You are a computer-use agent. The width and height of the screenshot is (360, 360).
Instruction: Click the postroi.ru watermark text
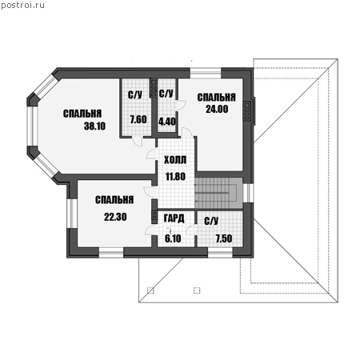23,6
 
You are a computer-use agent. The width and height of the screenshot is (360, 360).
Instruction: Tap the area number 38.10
94,126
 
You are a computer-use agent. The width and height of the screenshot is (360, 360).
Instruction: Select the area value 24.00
217,109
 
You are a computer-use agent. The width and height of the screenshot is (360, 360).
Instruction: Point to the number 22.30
115,217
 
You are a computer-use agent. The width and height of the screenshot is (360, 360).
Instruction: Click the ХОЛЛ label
175,160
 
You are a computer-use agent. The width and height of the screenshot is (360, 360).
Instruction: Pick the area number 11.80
175,177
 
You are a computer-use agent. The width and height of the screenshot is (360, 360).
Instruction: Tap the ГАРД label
174,218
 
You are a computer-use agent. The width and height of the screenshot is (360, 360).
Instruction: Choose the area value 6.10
173,238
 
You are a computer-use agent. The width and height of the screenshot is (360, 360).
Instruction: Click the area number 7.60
138,119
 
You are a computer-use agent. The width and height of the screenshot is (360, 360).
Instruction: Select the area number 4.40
167,122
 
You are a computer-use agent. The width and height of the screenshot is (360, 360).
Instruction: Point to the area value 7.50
224,238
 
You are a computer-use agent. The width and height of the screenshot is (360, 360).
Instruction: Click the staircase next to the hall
218,193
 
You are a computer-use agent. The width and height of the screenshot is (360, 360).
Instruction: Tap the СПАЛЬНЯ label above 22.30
114,200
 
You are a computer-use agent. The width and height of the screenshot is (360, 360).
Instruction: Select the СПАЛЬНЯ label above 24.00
216,98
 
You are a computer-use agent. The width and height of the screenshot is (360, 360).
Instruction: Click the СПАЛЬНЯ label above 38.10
82,114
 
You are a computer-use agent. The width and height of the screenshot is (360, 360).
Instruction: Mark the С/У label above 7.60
135,94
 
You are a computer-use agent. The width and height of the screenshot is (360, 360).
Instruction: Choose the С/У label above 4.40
166,94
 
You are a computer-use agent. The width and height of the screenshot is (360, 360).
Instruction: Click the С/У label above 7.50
211,221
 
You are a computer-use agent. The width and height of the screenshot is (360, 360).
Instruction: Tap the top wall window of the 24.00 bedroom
206,73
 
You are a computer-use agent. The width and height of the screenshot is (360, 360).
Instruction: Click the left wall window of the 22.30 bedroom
72,214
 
